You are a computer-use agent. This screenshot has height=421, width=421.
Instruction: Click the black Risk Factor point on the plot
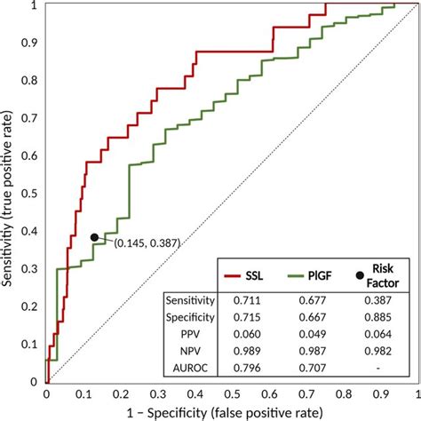coord(94,237)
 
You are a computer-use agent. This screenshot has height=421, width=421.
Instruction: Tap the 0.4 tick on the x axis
coord(195,393)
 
